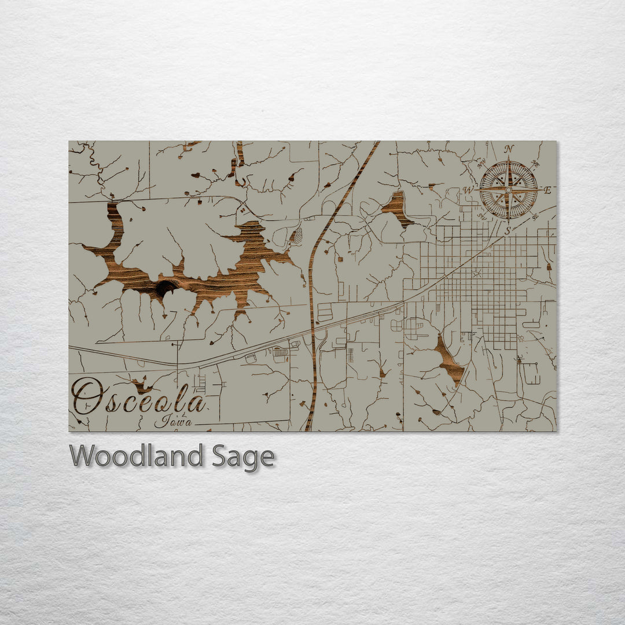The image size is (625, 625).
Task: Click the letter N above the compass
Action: click(x=509, y=149)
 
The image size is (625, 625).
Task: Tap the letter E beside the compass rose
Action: click(x=547, y=190)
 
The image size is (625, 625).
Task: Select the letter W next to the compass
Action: click(x=469, y=190)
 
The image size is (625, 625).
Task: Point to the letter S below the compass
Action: click(x=508, y=230)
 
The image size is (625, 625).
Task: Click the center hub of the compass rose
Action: click(x=509, y=190)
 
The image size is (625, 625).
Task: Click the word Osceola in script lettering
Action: click(x=139, y=398)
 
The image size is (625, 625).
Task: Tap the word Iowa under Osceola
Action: click(x=174, y=422)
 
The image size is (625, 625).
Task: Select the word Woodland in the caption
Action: click(x=136, y=456)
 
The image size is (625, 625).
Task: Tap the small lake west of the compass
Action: click(x=397, y=207)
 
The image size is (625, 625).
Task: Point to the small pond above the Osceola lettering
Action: click(x=140, y=385)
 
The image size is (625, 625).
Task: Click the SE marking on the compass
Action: click(x=535, y=216)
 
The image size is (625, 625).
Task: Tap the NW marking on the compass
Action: click(x=482, y=164)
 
